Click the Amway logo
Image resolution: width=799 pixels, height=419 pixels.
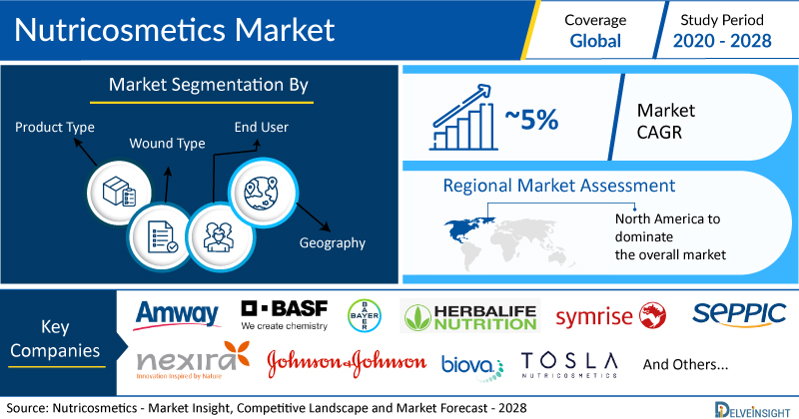177,315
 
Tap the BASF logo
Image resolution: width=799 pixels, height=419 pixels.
285,315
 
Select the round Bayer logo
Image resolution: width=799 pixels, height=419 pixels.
365,315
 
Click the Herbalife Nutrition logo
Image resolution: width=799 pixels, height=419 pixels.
469,316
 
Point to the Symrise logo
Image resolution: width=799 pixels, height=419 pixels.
610,316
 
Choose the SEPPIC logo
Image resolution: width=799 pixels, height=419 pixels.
739,314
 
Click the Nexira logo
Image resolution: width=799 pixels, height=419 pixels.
193,361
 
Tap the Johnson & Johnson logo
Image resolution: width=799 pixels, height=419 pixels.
347,363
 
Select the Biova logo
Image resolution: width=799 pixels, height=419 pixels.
471,366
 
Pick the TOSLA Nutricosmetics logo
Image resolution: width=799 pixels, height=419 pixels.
569,365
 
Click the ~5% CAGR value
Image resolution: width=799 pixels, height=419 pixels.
531,120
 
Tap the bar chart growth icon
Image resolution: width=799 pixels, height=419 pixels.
462,118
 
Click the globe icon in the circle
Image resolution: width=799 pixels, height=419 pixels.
263,193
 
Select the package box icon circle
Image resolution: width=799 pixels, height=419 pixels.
119,193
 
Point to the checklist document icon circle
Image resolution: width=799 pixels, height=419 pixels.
161,237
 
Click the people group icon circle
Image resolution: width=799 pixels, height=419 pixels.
220,237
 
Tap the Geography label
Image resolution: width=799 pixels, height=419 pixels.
333,242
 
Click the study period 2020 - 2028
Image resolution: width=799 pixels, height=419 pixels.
722,41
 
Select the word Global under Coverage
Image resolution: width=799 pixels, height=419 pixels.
595,41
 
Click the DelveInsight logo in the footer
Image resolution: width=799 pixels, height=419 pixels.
752,410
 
